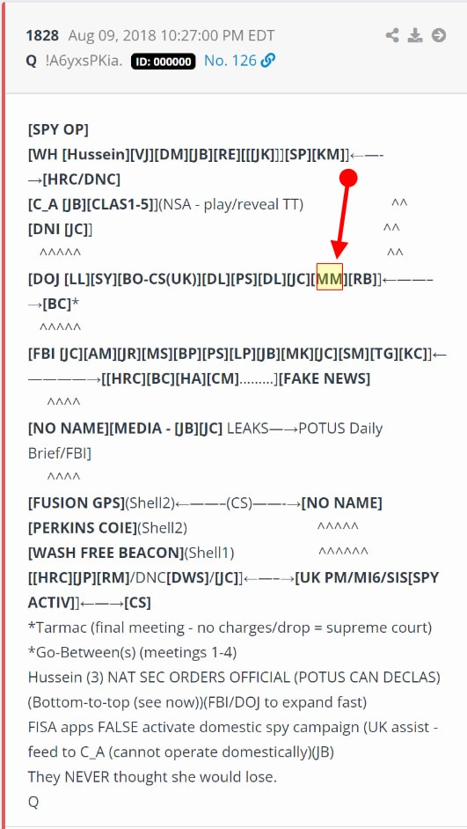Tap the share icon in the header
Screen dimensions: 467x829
pos(392,35)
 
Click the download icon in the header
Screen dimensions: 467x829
pos(416,35)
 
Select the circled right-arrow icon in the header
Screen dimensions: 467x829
pos(439,35)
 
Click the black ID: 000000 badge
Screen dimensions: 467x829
pos(164,62)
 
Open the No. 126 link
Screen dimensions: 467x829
pos(230,61)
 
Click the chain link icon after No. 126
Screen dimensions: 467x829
pos(268,61)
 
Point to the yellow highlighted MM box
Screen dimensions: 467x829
pos(330,276)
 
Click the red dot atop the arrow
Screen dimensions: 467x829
pos(348,178)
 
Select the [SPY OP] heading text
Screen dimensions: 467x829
pos(58,130)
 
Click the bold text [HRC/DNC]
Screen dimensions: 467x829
pos(82,180)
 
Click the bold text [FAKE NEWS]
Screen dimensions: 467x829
pos(325,379)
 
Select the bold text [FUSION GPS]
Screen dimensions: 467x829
pos(76,503)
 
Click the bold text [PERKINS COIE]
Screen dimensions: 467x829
pos(83,528)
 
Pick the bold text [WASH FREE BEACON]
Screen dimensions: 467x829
pos(106,553)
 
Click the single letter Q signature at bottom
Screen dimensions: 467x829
pos(33,803)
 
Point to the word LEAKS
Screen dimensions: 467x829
pos(247,429)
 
